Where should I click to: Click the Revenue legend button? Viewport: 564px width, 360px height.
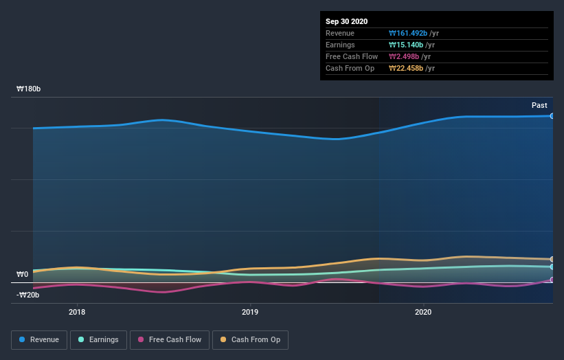pyautogui.click(x=39, y=339)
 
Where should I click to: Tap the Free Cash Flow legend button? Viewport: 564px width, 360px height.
pyautogui.click(x=169, y=339)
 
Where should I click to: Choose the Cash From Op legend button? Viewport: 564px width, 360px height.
pyautogui.click(x=250, y=339)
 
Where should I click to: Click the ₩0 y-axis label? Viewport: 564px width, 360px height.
pyautogui.click(x=22, y=275)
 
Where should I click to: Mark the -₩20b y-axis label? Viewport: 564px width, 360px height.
pyautogui.click(x=29, y=295)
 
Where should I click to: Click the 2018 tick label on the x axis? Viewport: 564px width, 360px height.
pyautogui.click(x=77, y=311)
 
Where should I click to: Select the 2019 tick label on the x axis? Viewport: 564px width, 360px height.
pyautogui.click(x=250, y=311)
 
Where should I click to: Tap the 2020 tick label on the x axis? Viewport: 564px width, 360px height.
pyautogui.click(x=423, y=311)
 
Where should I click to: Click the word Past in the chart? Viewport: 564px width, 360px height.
pyautogui.click(x=539, y=105)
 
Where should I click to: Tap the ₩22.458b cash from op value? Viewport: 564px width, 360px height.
pyautogui.click(x=407, y=68)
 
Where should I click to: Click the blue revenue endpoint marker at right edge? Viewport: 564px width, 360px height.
pyautogui.click(x=552, y=116)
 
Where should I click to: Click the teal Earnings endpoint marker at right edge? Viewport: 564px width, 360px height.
pyautogui.click(x=552, y=267)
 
